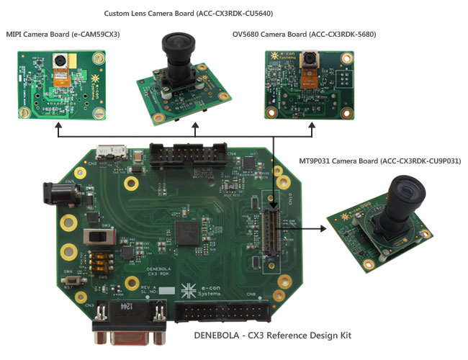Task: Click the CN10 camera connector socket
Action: pos(272,233)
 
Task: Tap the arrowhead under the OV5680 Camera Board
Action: pos(311,125)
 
